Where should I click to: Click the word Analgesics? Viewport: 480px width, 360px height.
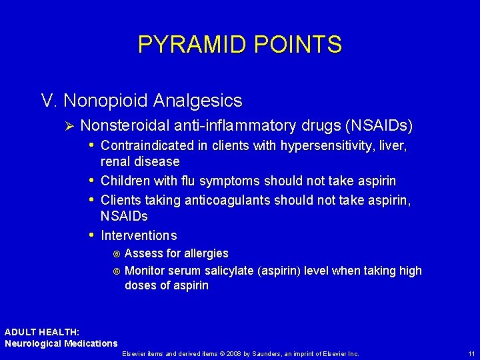[x=197, y=101]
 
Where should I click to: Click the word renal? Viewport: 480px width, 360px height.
[x=116, y=161]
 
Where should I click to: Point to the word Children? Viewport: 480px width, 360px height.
[x=125, y=181]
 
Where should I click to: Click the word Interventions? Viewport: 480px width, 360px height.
[x=139, y=235]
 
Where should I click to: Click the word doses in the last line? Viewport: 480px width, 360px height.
[x=141, y=285]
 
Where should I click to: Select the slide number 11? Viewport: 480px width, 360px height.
[x=471, y=353]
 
